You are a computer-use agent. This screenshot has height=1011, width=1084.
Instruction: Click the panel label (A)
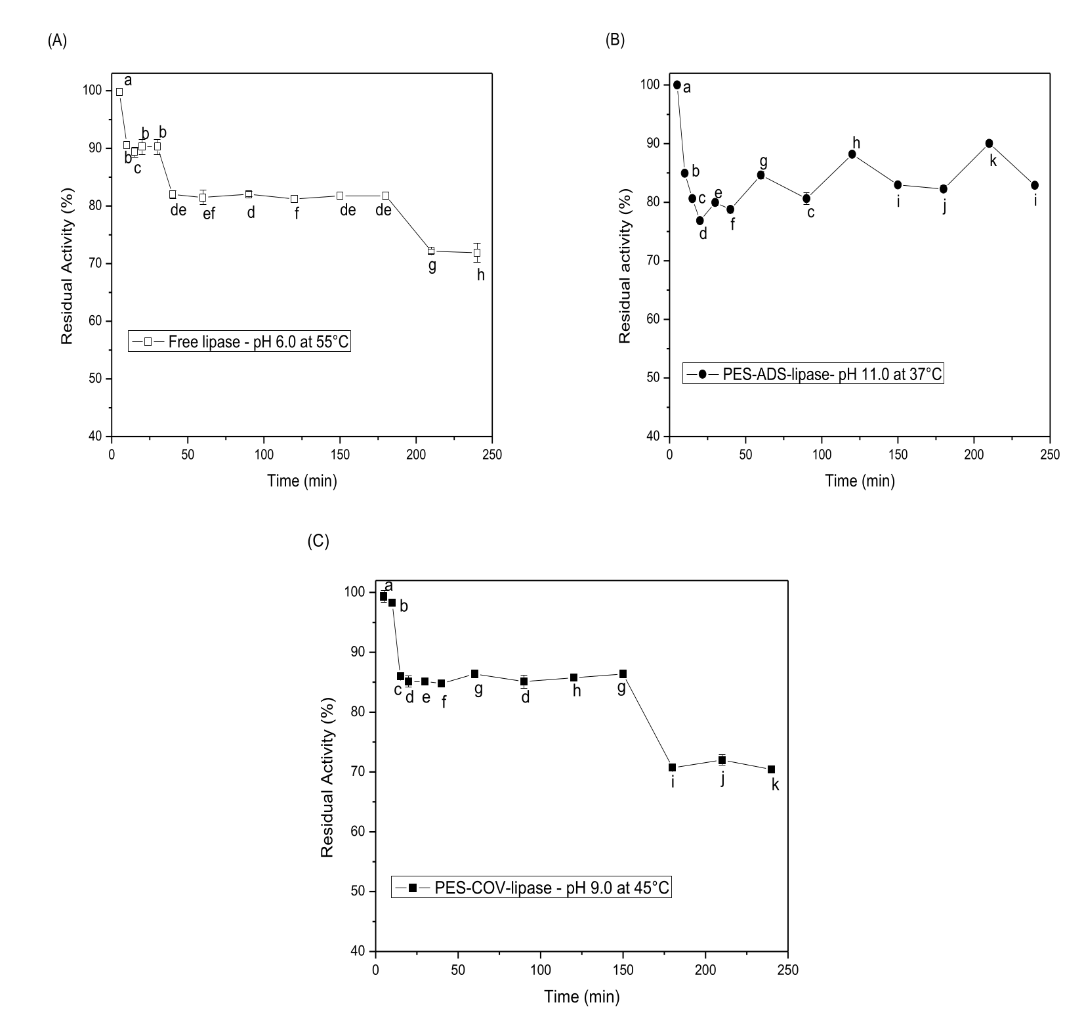57,41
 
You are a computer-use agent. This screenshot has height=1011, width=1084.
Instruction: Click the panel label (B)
615,40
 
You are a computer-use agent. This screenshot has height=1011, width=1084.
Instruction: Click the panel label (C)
318,541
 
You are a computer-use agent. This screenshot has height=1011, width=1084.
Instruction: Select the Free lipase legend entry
240,341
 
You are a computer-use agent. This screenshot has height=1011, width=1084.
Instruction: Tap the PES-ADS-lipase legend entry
812,374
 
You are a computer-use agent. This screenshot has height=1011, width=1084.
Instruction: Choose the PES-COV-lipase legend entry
532,888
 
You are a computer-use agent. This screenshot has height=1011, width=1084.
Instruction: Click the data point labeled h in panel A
477,253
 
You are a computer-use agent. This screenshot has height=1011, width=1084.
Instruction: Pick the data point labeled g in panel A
431,251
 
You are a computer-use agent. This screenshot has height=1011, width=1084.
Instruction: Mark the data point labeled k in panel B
989,144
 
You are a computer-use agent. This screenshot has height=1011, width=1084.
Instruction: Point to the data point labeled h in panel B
852,154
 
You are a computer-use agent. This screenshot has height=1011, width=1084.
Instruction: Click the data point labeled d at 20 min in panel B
700,221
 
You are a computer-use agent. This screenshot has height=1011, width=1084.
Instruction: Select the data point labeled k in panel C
771,769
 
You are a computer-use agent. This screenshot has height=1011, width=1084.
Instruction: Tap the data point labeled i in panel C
672,767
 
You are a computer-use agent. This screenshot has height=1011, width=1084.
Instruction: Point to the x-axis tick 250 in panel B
1050,455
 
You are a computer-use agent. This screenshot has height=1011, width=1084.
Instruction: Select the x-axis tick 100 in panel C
541,970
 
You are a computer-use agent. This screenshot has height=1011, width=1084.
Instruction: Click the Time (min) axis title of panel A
302,481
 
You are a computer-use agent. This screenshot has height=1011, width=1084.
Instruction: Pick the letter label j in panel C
722,779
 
